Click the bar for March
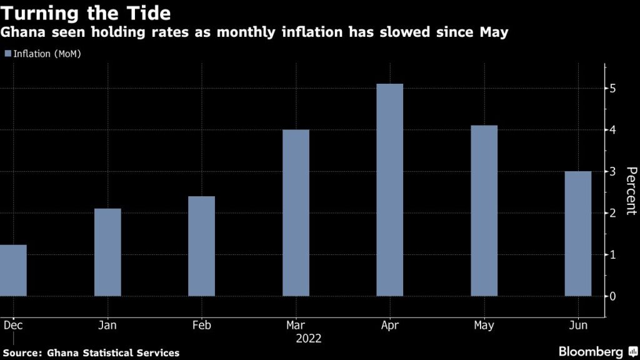click(x=296, y=212)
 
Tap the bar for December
click(x=13, y=270)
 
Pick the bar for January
click(x=107, y=252)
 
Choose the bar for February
click(x=201, y=246)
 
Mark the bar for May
click(x=484, y=211)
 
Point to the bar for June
click(x=578, y=233)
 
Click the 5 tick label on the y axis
click(x=613, y=89)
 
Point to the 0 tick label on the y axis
click(x=613, y=296)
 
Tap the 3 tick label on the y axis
click(x=613, y=171)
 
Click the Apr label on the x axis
click(x=390, y=326)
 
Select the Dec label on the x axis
click(x=11, y=326)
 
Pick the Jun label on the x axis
click(x=578, y=326)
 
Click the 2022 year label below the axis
click(x=308, y=339)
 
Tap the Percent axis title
click(x=631, y=191)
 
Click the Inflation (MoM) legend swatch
click(x=7, y=54)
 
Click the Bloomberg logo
click(x=591, y=351)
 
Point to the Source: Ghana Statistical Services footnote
click(x=91, y=353)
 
